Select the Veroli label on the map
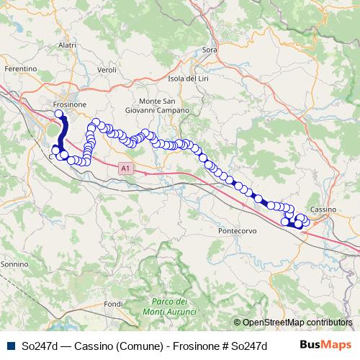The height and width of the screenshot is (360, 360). (107, 70)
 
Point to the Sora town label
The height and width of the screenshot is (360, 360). (210, 50)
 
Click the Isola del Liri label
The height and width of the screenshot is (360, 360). (188, 78)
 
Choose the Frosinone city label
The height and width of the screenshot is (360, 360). (70, 104)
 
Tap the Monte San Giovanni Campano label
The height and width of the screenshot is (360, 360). (164, 106)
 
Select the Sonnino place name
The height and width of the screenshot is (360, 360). (14, 265)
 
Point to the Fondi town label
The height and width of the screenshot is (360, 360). (114, 305)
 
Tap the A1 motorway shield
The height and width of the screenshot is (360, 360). (125, 168)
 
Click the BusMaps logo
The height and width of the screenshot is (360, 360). (325, 344)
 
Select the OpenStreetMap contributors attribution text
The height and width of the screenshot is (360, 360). (297, 323)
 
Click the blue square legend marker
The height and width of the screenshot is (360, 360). (11, 345)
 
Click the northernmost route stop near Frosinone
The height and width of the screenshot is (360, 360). (59, 113)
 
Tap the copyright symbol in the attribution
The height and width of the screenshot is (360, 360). (237, 323)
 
